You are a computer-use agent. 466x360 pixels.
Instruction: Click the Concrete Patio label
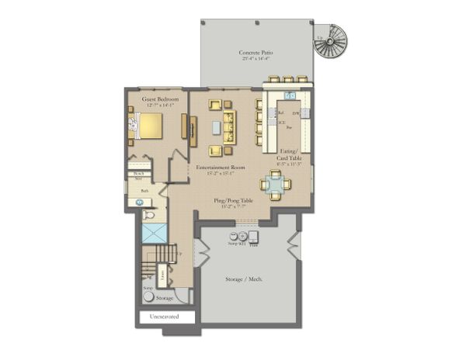256,53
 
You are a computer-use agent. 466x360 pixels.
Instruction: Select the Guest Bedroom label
160,99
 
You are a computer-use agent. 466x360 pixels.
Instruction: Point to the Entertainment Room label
221,168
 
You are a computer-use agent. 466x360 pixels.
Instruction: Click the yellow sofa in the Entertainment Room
229,126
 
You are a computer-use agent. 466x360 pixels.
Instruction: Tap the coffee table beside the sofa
215,127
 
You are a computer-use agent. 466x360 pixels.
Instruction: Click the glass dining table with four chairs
276,184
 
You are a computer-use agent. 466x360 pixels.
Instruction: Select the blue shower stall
155,233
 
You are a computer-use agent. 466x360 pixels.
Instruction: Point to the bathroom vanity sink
141,202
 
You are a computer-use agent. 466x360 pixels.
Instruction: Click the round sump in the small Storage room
148,296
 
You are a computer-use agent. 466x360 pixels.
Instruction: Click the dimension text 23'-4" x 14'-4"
256,59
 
